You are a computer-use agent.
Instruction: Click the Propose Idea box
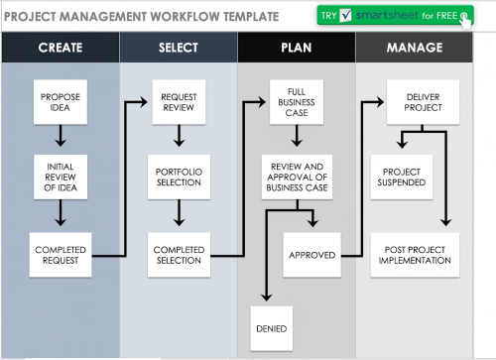60,102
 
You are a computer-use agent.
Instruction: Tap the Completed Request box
60,255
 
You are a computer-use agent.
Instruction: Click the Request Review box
180,102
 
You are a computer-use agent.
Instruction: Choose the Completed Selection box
180,255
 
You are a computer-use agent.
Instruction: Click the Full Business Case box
297,104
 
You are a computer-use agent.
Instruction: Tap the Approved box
310,255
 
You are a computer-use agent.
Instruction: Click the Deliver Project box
416,102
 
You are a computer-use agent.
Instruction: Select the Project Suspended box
402,176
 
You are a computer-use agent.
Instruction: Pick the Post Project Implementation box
416,255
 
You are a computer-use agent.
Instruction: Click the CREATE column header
60,48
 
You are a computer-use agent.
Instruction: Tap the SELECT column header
179,48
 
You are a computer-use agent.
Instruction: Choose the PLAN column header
297,48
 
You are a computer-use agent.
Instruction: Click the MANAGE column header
416,48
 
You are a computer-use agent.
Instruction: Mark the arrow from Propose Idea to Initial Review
60,137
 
